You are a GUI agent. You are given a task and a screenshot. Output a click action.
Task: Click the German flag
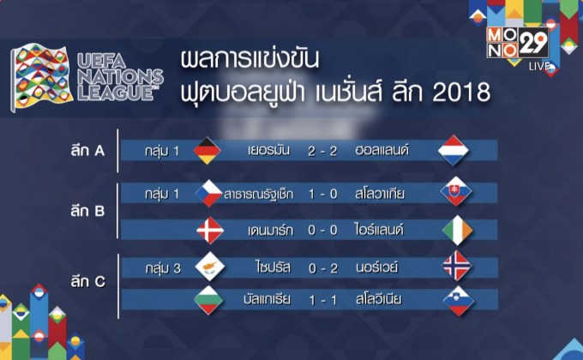209,151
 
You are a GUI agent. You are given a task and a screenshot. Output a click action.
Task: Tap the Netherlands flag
455,151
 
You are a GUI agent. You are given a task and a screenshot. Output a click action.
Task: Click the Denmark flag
209,230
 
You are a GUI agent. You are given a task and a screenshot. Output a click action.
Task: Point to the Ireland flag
455,230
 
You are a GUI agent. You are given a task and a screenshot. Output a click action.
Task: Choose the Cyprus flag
209,267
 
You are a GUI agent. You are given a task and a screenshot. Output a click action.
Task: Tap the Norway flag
455,267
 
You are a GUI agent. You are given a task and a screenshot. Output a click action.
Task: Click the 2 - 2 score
322,151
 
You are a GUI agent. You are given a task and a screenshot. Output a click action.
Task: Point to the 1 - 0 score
322,194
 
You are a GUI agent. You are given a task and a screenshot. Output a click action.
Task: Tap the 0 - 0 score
322,230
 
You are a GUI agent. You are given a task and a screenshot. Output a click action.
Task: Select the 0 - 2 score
322,267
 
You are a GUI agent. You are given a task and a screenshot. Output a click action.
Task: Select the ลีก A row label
89,152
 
